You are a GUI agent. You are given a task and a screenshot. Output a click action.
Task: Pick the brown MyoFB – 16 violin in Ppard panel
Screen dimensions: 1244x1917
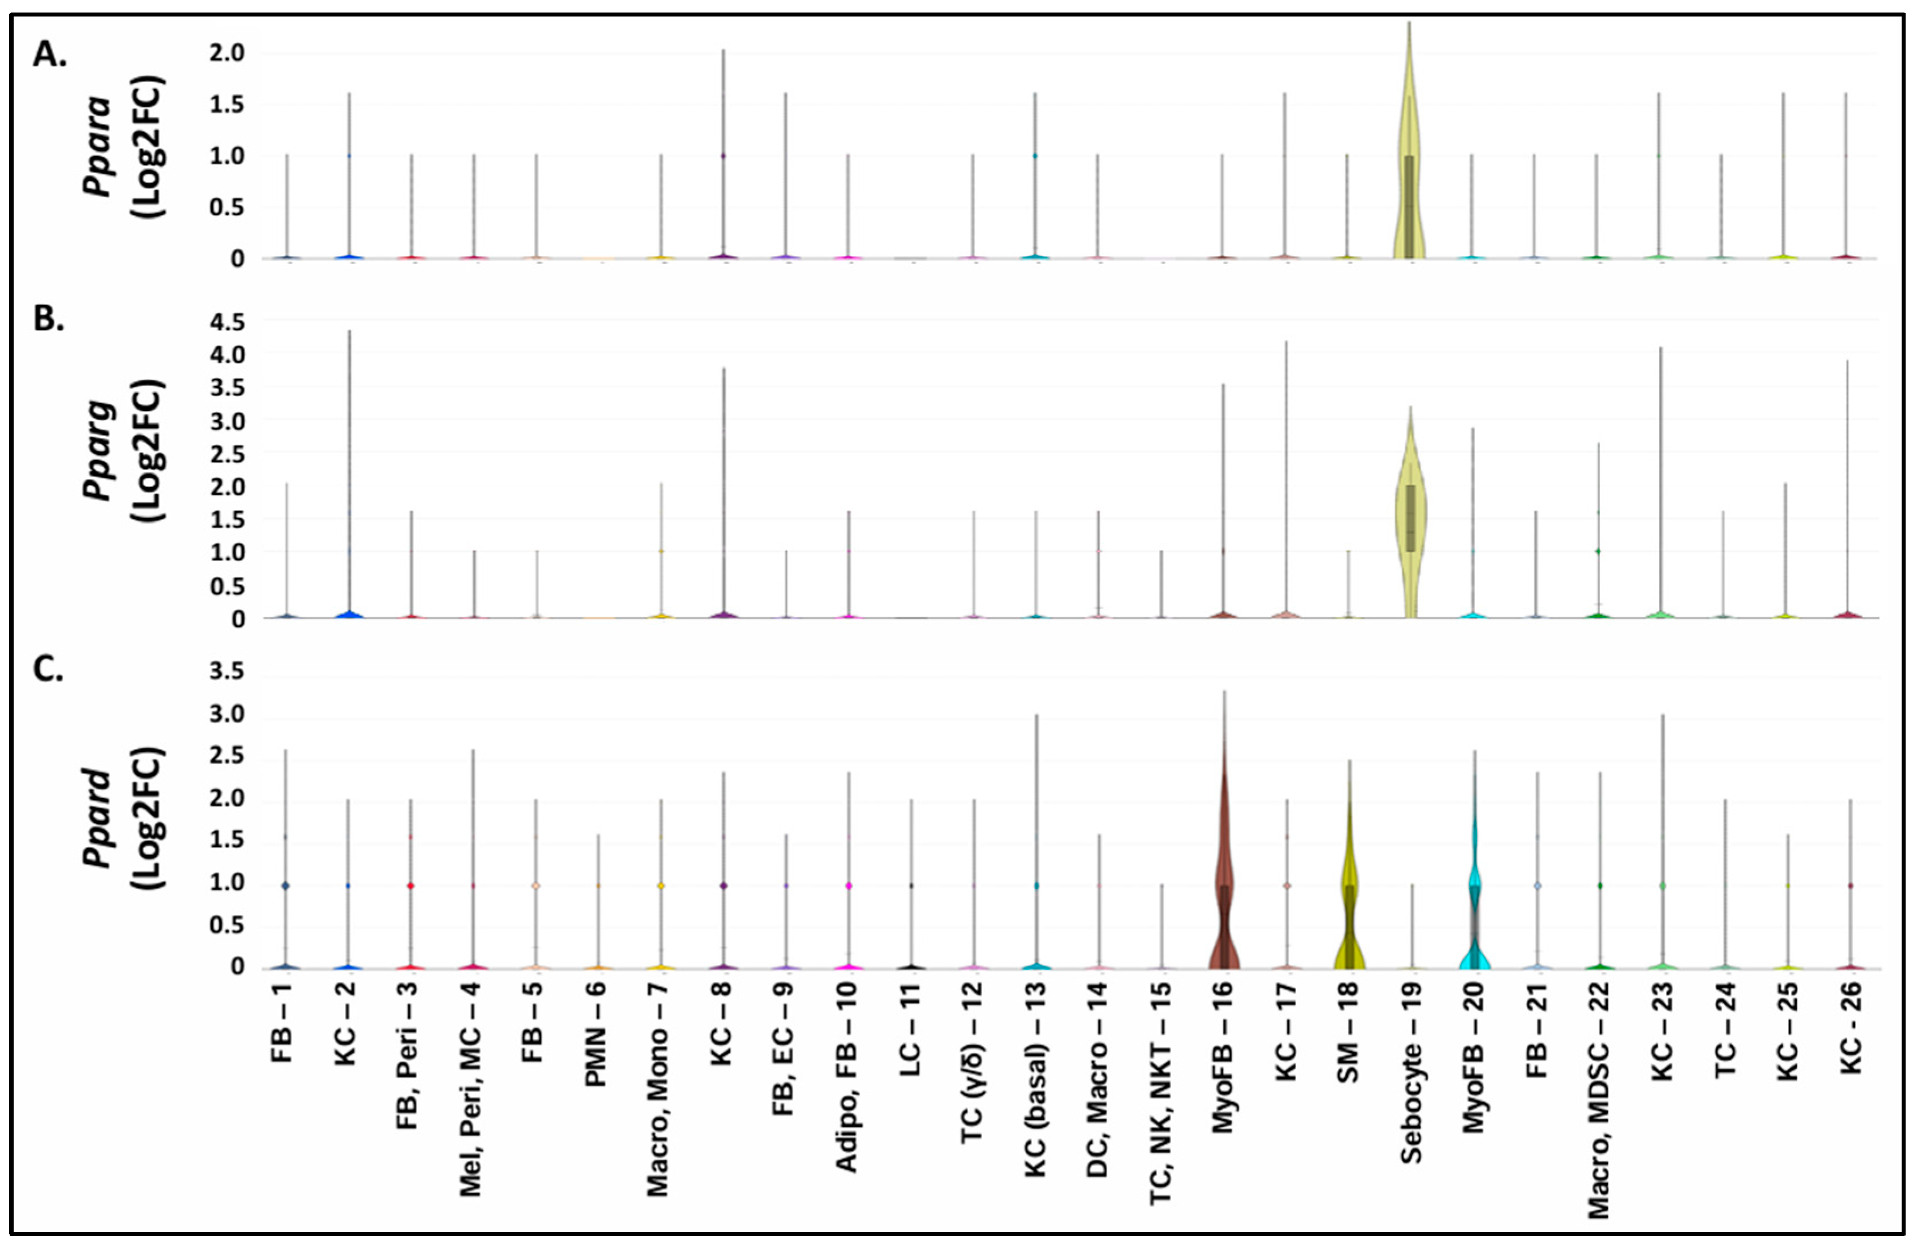(x=1224, y=885)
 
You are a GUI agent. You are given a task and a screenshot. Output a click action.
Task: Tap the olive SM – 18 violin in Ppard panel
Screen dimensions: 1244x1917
(x=1349, y=894)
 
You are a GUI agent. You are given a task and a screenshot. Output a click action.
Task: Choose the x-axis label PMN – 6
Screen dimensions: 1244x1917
(x=596, y=1035)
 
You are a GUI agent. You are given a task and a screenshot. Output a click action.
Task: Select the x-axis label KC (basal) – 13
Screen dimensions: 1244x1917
(x=1036, y=1079)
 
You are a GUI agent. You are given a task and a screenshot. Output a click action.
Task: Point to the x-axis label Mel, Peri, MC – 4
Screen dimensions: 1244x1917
(x=471, y=1091)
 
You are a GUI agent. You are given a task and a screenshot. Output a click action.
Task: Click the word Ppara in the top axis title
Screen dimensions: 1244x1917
(x=98, y=145)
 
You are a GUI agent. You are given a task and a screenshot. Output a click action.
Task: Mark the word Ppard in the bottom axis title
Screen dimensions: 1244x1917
(x=98, y=817)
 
